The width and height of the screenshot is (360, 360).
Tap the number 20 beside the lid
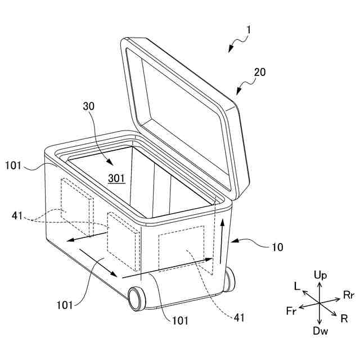click(x=260, y=72)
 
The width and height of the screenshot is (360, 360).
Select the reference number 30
click(x=89, y=106)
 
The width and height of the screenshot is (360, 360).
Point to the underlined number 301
click(x=116, y=178)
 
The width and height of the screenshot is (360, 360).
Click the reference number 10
click(x=277, y=246)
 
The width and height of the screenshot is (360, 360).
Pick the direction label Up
click(x=320, y=275)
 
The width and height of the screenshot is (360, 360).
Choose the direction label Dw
click(x=320, y=332)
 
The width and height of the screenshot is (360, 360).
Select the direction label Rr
click(x=348, y=294)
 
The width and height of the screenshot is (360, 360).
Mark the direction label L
click(x=297, y=286)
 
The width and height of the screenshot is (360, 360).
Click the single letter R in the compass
click(x=344, y=317)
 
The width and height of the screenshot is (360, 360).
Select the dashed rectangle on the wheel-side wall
click(x=181, y=247)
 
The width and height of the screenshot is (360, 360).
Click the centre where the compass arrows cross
click(x=319, y=303)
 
